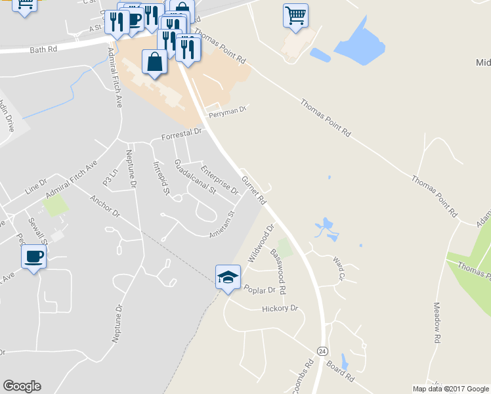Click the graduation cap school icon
point(227,276)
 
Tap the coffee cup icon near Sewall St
point(33,256)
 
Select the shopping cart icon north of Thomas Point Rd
point(295,15)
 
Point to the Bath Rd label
point(44,49)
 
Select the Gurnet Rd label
point(253,188)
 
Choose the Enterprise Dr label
point(219,180)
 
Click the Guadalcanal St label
point(195,177)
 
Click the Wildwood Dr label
point(260,244)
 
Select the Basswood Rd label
point(278,270)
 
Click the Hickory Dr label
point(280,308)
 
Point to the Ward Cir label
point(338,268)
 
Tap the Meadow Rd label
point(436,323)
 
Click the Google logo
point(22,386)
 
